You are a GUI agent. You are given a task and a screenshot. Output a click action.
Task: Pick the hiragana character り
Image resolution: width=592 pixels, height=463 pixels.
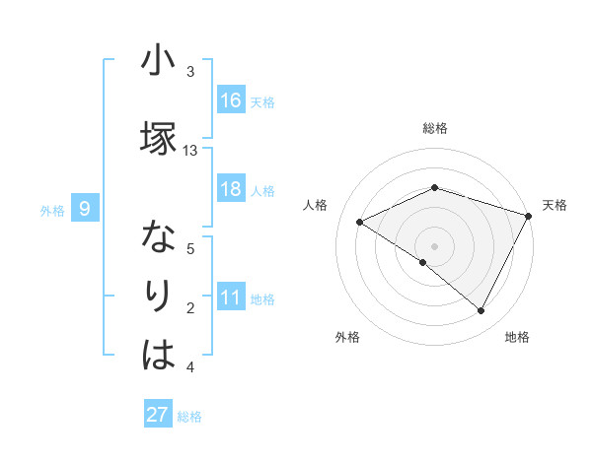[158, 296]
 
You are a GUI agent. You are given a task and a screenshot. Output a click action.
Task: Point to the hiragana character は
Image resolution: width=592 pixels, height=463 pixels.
[157, 355]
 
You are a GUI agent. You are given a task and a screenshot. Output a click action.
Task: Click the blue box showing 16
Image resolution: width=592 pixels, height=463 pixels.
[231, 100]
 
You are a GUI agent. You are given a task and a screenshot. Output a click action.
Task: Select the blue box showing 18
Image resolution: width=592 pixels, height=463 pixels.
[231, 189]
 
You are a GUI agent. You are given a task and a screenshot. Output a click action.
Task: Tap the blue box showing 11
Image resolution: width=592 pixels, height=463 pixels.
[231, 298]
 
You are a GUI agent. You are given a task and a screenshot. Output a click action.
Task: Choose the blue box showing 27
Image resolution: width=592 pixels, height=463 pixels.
[157, 415]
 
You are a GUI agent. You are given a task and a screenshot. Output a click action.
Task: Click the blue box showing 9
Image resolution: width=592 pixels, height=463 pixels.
[85, 209]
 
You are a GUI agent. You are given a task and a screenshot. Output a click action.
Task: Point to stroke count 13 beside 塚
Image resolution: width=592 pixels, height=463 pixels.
[190, 150]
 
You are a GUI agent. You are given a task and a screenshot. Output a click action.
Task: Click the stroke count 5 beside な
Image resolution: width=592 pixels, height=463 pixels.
[190, 248]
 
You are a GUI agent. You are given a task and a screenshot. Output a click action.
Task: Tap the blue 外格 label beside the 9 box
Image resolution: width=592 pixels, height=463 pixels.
[52, 210]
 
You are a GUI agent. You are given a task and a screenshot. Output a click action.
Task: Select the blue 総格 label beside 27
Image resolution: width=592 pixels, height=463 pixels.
[189, 416]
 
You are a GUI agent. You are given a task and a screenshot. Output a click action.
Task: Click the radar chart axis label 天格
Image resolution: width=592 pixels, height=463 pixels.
[555, 205]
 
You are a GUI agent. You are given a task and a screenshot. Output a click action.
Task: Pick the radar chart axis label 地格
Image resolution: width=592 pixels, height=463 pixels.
[517, 337]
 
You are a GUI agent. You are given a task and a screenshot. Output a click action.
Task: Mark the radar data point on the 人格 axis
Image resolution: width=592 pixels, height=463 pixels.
[360, 222]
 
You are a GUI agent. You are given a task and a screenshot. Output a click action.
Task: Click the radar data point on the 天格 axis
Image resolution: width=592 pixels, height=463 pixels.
[529, 215]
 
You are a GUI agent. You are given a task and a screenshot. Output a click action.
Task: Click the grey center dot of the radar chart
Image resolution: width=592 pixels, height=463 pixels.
[434, 245]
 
